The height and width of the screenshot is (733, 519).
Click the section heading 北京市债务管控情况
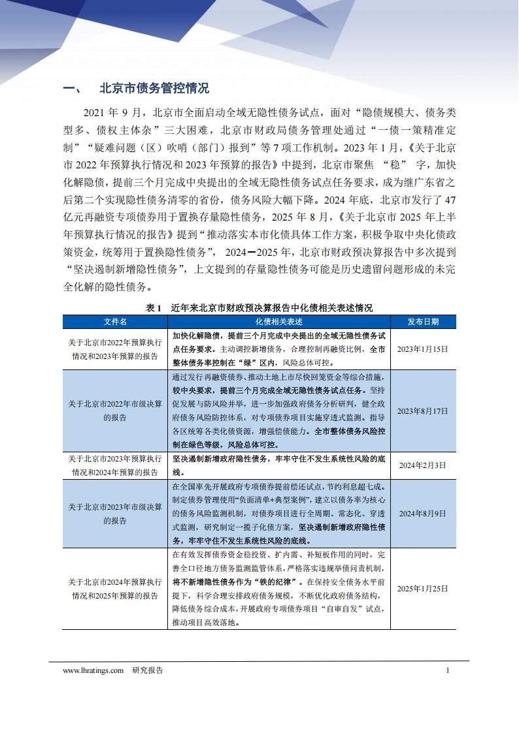pyautogui.click(x=154, y=89)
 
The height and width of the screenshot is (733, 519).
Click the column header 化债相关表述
pyautogui.click(x=278, y=322)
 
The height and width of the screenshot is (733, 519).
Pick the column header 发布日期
pyautogui.click(x=423, y=322)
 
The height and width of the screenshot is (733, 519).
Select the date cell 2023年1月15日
pyautogui.click(x=423, y=349)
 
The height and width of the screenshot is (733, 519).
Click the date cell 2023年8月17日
pyautogui.click(x=423, y=411)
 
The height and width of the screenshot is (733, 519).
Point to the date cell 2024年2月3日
pyautogui.click(x=423, y=465)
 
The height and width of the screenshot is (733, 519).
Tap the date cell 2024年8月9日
pyautogui.click(x=423, y=514)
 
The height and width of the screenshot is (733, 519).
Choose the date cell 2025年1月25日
pyautogui.click(x=423, y=588)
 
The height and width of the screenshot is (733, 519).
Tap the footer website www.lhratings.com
pyautogui.click(x=93, y=670)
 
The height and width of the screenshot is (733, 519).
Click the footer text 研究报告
pyautogui.click(x=148, y=670)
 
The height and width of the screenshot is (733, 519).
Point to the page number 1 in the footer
pyautogui.click(x=447, y=670)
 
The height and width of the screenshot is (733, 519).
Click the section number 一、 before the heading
pyautogui.click(x=70, y=89)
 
